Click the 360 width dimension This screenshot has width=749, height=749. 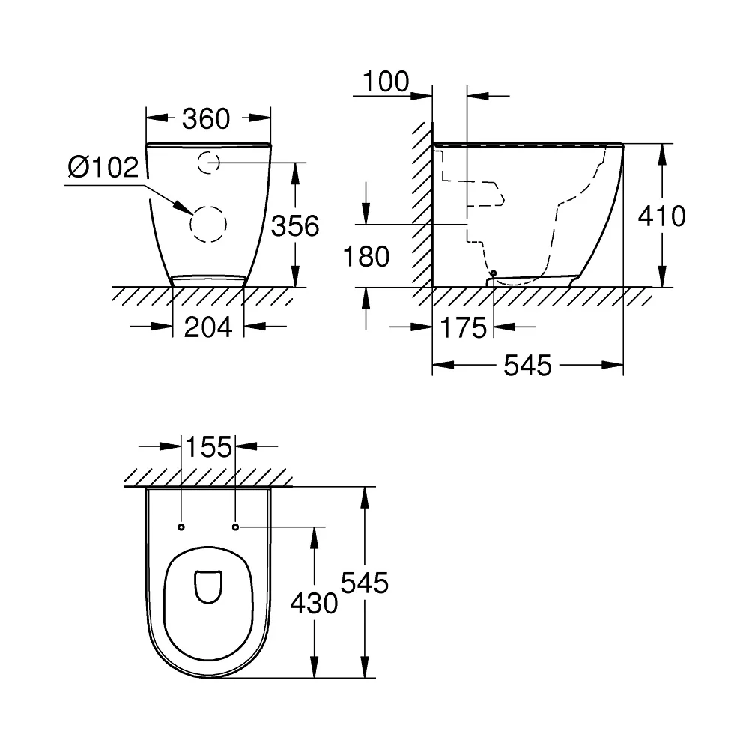click(206, 118)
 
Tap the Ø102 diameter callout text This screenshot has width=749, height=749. click(103, 167)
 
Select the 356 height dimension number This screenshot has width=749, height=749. click(295, 226)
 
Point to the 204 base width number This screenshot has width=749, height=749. click(208, 327)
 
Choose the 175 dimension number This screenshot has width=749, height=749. click(463, 328)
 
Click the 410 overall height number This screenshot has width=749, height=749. click(662, 216)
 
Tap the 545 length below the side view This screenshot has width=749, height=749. click(528, 366)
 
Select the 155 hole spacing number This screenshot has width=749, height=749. click(208, 447)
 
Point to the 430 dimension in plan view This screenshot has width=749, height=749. click(315, 603)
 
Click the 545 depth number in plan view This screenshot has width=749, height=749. click(365, 583)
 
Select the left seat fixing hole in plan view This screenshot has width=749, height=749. click(181, 527)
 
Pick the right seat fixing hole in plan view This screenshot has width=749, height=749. click(235, 527)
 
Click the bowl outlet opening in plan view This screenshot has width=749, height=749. click(209, 586)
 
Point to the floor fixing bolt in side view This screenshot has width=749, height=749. click(494, 273)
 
